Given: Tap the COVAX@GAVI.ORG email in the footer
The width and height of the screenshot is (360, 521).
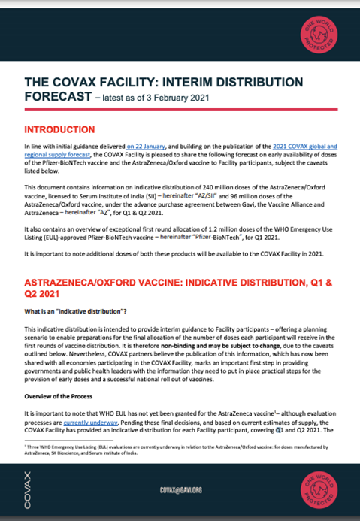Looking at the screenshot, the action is point(180,489).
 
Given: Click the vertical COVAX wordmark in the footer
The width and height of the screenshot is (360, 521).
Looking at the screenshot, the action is point(28,489).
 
